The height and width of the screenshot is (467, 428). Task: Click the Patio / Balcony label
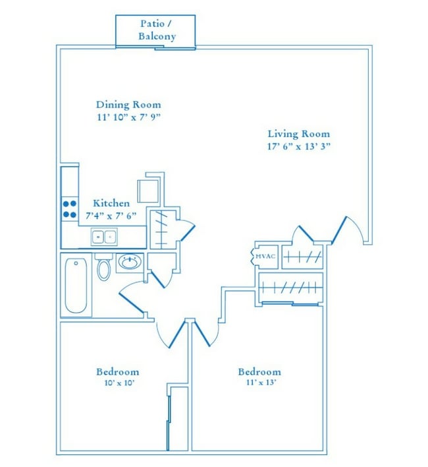tap(157, 30)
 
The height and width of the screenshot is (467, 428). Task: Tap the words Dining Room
tap(128, 104)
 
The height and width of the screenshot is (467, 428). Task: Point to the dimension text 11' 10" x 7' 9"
tap(128, 117)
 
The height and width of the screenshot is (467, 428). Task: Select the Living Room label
tap(298, 133)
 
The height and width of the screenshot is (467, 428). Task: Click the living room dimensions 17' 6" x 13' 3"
tap(298, 146)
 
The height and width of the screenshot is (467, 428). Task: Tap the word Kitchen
tap(111, 203)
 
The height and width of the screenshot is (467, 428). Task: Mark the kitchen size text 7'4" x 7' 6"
tap(111, 215)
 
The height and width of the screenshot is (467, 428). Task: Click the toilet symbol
tap(103, 268)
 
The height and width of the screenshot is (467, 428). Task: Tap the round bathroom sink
tap(129, 263)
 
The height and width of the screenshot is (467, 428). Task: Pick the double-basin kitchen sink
tap(104, 236)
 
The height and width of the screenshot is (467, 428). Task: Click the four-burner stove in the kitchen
tap(70, 208)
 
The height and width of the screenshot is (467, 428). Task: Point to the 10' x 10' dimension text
tap(118, 383)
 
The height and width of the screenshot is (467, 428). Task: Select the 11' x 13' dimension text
tap(259, 383)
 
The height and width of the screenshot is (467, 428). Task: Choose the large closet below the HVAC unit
tap(290, 288)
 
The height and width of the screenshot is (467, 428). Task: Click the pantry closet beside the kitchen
tap(162, 228)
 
